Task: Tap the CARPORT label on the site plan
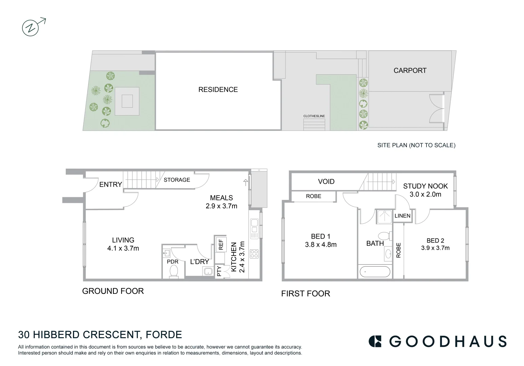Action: (x=410, y=70)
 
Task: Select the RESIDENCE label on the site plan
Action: (x=218, y=89)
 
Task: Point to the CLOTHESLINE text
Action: (x=314, y=116)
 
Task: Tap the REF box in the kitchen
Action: (x=221, y=244)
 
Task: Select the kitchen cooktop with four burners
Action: (x=254, y=253)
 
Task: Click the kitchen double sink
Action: (x=254, y=228)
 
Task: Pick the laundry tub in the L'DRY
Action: (x=207, y=271)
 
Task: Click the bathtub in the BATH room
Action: (x=375, y=271)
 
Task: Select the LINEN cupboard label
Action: (x=403, y=216)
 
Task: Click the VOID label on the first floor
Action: (x=326, y=182)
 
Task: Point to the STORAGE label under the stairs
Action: (x=177, y=180)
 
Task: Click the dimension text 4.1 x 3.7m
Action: (x=123, y=248)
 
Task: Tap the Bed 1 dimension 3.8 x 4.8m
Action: (x=321, y=245)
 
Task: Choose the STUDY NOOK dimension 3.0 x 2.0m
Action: (x=425, y=194)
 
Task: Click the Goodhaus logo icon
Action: (x=375, y=341)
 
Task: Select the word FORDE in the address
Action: (x=164, y=335)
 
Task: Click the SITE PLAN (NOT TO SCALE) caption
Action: (x=416, y=145)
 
